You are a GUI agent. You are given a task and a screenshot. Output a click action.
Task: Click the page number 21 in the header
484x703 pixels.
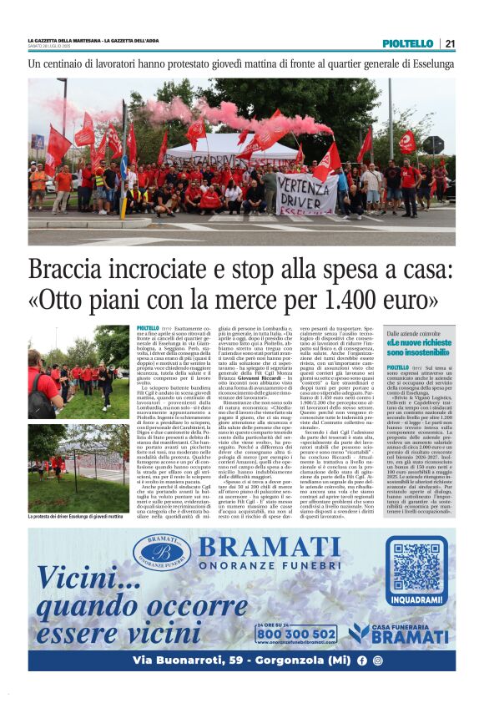pyautogui.click(x=450, y=43)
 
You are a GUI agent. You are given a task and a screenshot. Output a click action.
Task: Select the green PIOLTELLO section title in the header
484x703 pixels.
pyautogui.click(x=407, y=43)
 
